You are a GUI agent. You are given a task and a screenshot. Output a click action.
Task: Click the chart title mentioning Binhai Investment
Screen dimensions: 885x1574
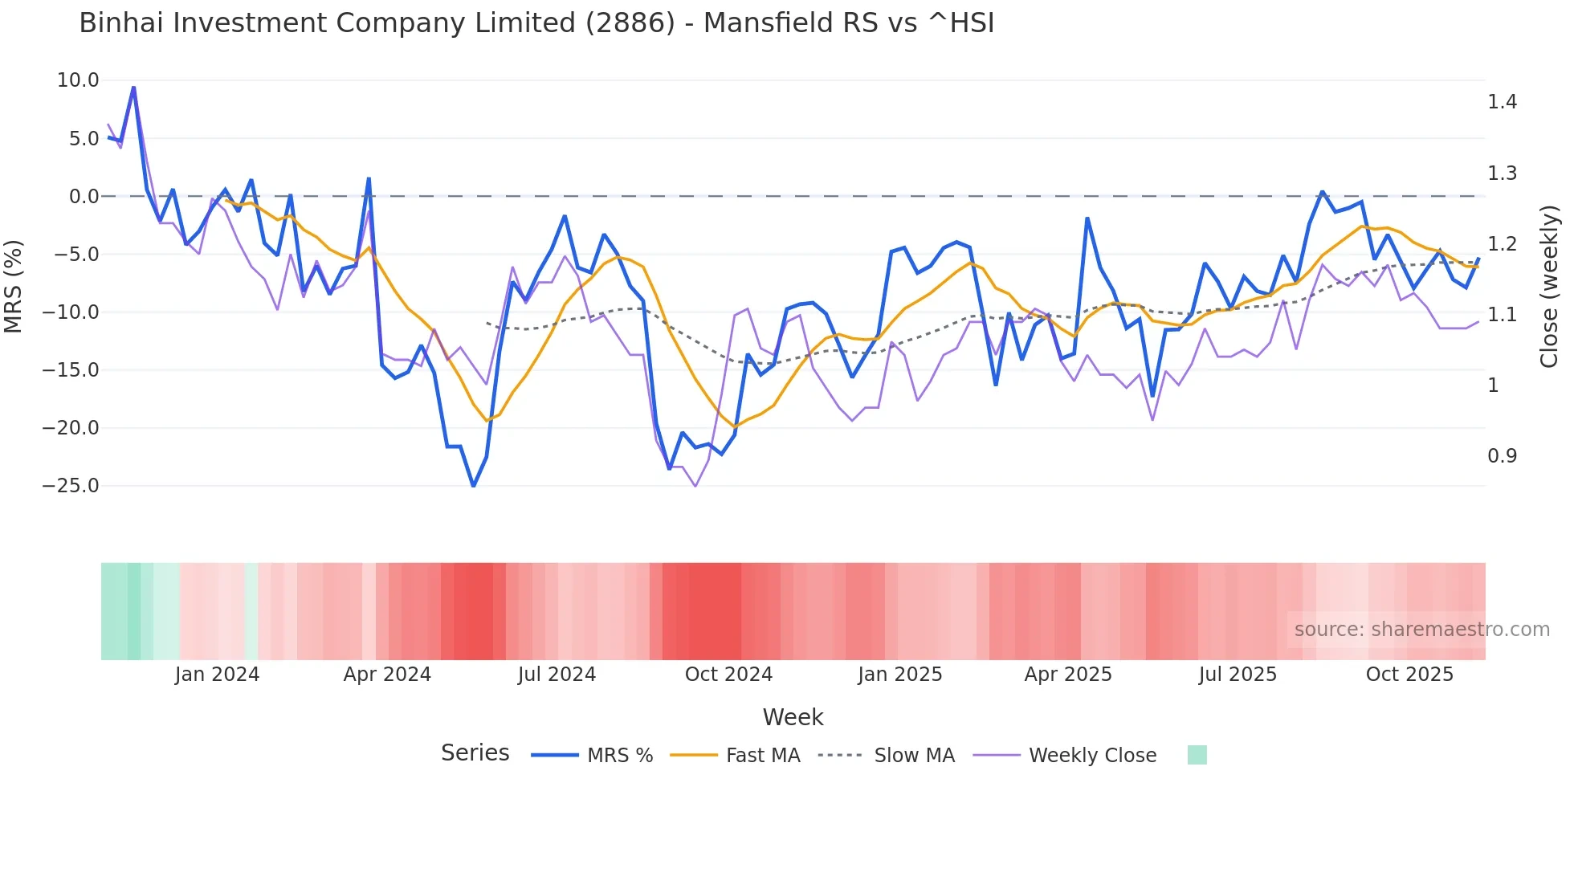536,23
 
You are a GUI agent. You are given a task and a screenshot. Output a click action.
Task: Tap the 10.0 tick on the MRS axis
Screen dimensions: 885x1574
78,80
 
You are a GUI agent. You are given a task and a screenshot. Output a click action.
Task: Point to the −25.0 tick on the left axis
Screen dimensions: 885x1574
71,486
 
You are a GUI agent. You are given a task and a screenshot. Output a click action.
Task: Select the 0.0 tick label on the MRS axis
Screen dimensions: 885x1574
84,197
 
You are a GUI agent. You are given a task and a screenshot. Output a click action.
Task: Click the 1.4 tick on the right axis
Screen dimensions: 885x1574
1502,102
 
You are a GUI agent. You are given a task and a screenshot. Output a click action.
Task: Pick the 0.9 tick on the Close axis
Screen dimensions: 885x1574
1502,456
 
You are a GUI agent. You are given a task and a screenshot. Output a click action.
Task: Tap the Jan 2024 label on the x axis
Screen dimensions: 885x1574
217,675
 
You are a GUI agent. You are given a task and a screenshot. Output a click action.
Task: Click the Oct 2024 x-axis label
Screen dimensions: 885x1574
728,675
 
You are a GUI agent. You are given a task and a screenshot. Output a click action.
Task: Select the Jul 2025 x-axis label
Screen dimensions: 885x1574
1238,675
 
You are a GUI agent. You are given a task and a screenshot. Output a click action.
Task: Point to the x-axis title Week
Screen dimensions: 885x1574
793,717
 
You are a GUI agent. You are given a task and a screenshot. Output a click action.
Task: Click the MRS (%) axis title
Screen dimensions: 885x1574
14,286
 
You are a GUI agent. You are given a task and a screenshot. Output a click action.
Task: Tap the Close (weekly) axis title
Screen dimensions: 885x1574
1549,287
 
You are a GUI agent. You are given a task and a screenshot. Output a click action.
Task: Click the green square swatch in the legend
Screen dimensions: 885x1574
1197,755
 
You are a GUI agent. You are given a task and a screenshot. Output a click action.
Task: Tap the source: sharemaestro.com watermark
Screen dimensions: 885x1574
1421,630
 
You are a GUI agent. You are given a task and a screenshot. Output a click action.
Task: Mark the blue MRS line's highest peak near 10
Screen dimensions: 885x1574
133,87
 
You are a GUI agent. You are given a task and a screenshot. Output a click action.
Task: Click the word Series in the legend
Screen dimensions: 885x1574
475,753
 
